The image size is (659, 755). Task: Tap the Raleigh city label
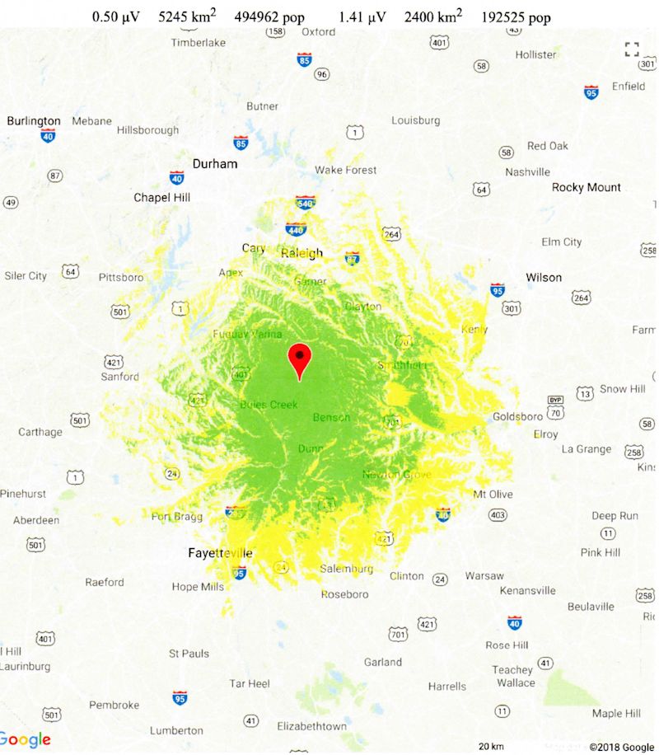(x=301, y=253)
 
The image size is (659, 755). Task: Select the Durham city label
(x=215, y=163)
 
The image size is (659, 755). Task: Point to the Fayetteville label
(x=221, y=553)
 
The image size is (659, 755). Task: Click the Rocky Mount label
(x=587, y=187)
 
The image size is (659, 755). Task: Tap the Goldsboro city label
(x=517, y=417)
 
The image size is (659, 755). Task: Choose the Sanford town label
(x=120, y=377)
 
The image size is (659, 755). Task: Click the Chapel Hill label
(x=162, y=198)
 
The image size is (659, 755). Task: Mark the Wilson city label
(x=544, y=277)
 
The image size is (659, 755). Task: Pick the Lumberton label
(x=176, y=730)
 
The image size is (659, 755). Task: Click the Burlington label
(x=34, y=121)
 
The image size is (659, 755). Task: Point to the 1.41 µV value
(x=362, y=17)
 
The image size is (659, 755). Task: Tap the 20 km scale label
(x=491, y=746)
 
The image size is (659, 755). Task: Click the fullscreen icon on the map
(x=632, y=49)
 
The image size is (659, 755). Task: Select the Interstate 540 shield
(x=306, y=202)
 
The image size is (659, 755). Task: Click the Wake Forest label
(x=345, y=170)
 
